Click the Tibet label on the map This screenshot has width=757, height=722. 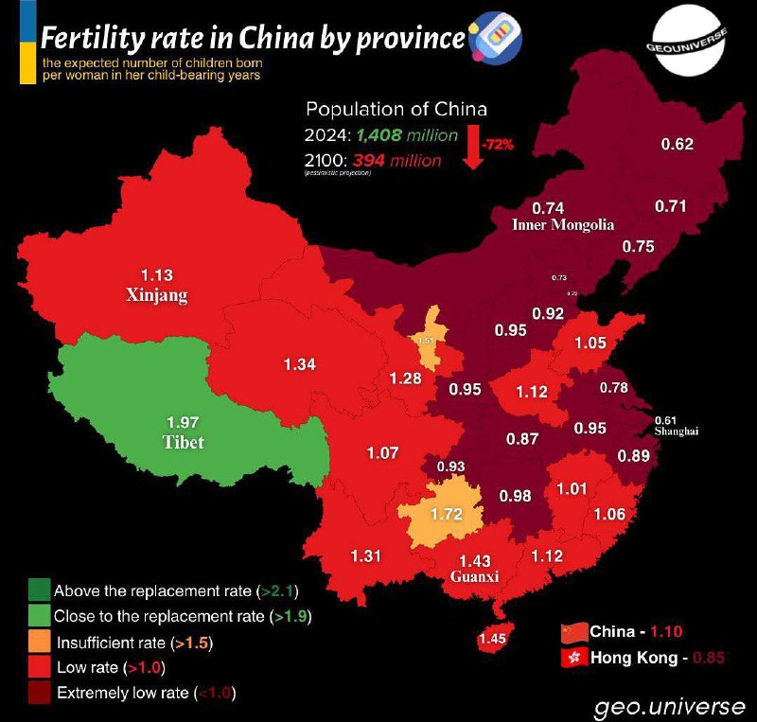point(182,442)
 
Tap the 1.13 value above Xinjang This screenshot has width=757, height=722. point(156,276)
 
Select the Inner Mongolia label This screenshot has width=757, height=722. point(563,225)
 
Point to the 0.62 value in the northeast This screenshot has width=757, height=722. point(677,144)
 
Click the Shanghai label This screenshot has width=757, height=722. point(676,431)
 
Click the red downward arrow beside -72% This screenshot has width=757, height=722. point(474,149)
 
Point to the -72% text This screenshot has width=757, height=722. point(497,145)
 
